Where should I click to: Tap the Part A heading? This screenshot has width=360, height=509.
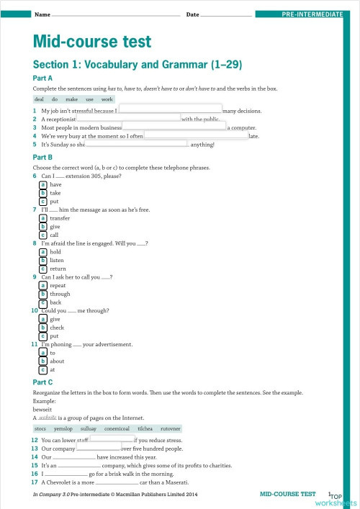tap(42, 78)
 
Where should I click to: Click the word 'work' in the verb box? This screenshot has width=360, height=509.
tap(107, 99)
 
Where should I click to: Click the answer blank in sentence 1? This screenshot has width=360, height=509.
tap(170, 111)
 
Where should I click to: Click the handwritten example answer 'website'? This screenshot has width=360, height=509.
tap(48, 417)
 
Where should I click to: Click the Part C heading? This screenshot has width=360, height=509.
tap(42, 382)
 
